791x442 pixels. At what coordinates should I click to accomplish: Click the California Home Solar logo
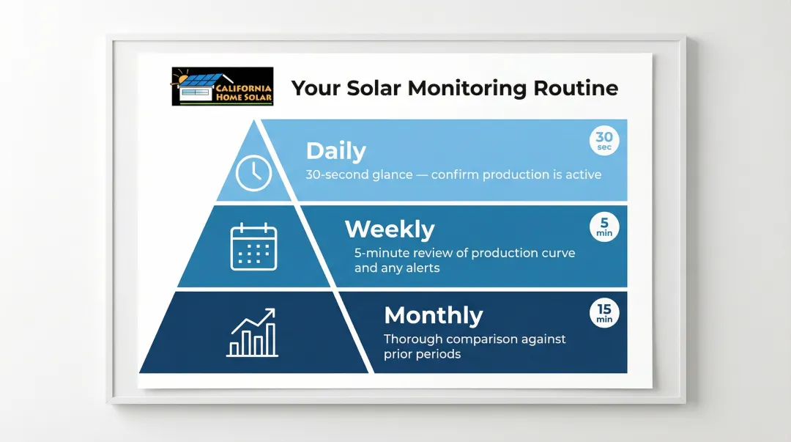pos(223,86)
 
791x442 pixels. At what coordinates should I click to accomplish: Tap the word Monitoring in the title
pos(467,89)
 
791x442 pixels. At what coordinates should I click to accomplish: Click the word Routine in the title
pos(576,88)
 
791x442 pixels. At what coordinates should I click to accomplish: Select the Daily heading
pos(336,151)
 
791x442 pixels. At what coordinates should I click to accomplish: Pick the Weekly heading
pos(390,229)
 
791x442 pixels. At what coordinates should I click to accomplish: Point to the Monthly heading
pos(434,316)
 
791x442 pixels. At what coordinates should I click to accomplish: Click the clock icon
pos(253,173)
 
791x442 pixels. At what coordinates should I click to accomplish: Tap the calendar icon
pos(253,246)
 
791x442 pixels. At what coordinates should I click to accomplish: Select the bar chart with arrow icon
pos(252,332)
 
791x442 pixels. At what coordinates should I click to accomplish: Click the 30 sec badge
pos(604,141)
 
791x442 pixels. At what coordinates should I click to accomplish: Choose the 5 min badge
pos(604,226)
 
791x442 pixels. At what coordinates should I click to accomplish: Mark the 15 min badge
pos(604,313)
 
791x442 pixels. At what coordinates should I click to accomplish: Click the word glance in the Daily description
pos(393,175)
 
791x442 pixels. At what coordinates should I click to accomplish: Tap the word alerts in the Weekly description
pos(422,268)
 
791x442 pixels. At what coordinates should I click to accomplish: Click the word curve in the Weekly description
pos(560,253)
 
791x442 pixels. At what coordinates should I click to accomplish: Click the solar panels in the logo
pos(200,80)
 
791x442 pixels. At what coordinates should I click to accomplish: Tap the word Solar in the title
pos(374,88)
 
